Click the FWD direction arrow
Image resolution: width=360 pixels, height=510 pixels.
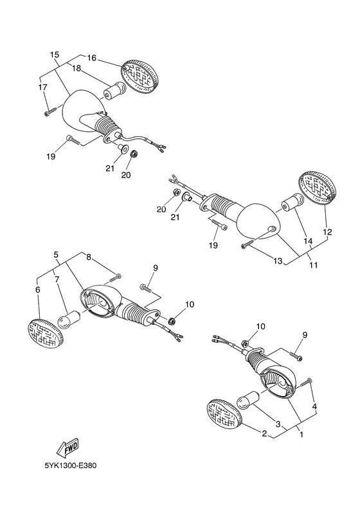click(x=67, y=448)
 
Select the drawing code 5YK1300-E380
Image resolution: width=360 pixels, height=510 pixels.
click(x=71, y=466)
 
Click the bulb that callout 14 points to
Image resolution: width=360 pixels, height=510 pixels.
click(x=292, y=203)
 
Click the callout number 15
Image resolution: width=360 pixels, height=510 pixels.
click(x=55, y=55)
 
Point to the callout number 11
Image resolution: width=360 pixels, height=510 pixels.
click(x=313, y=265)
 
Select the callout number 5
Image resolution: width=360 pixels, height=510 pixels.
click(x=56, y=254)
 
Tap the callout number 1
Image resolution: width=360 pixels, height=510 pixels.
click(x=301, y=434)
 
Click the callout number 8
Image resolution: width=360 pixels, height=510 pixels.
click(x=89, y=258)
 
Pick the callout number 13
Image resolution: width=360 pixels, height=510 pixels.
click(x=278, y=261)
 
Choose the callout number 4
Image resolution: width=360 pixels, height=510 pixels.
click(x=314, y=406)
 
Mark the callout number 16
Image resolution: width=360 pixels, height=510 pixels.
click(x=92, y=58)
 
